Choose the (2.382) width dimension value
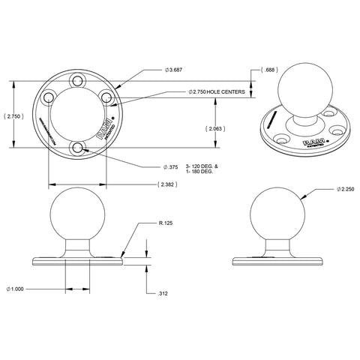[168, 184]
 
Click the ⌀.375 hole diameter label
[171, 166]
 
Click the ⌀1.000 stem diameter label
[17, 287]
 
